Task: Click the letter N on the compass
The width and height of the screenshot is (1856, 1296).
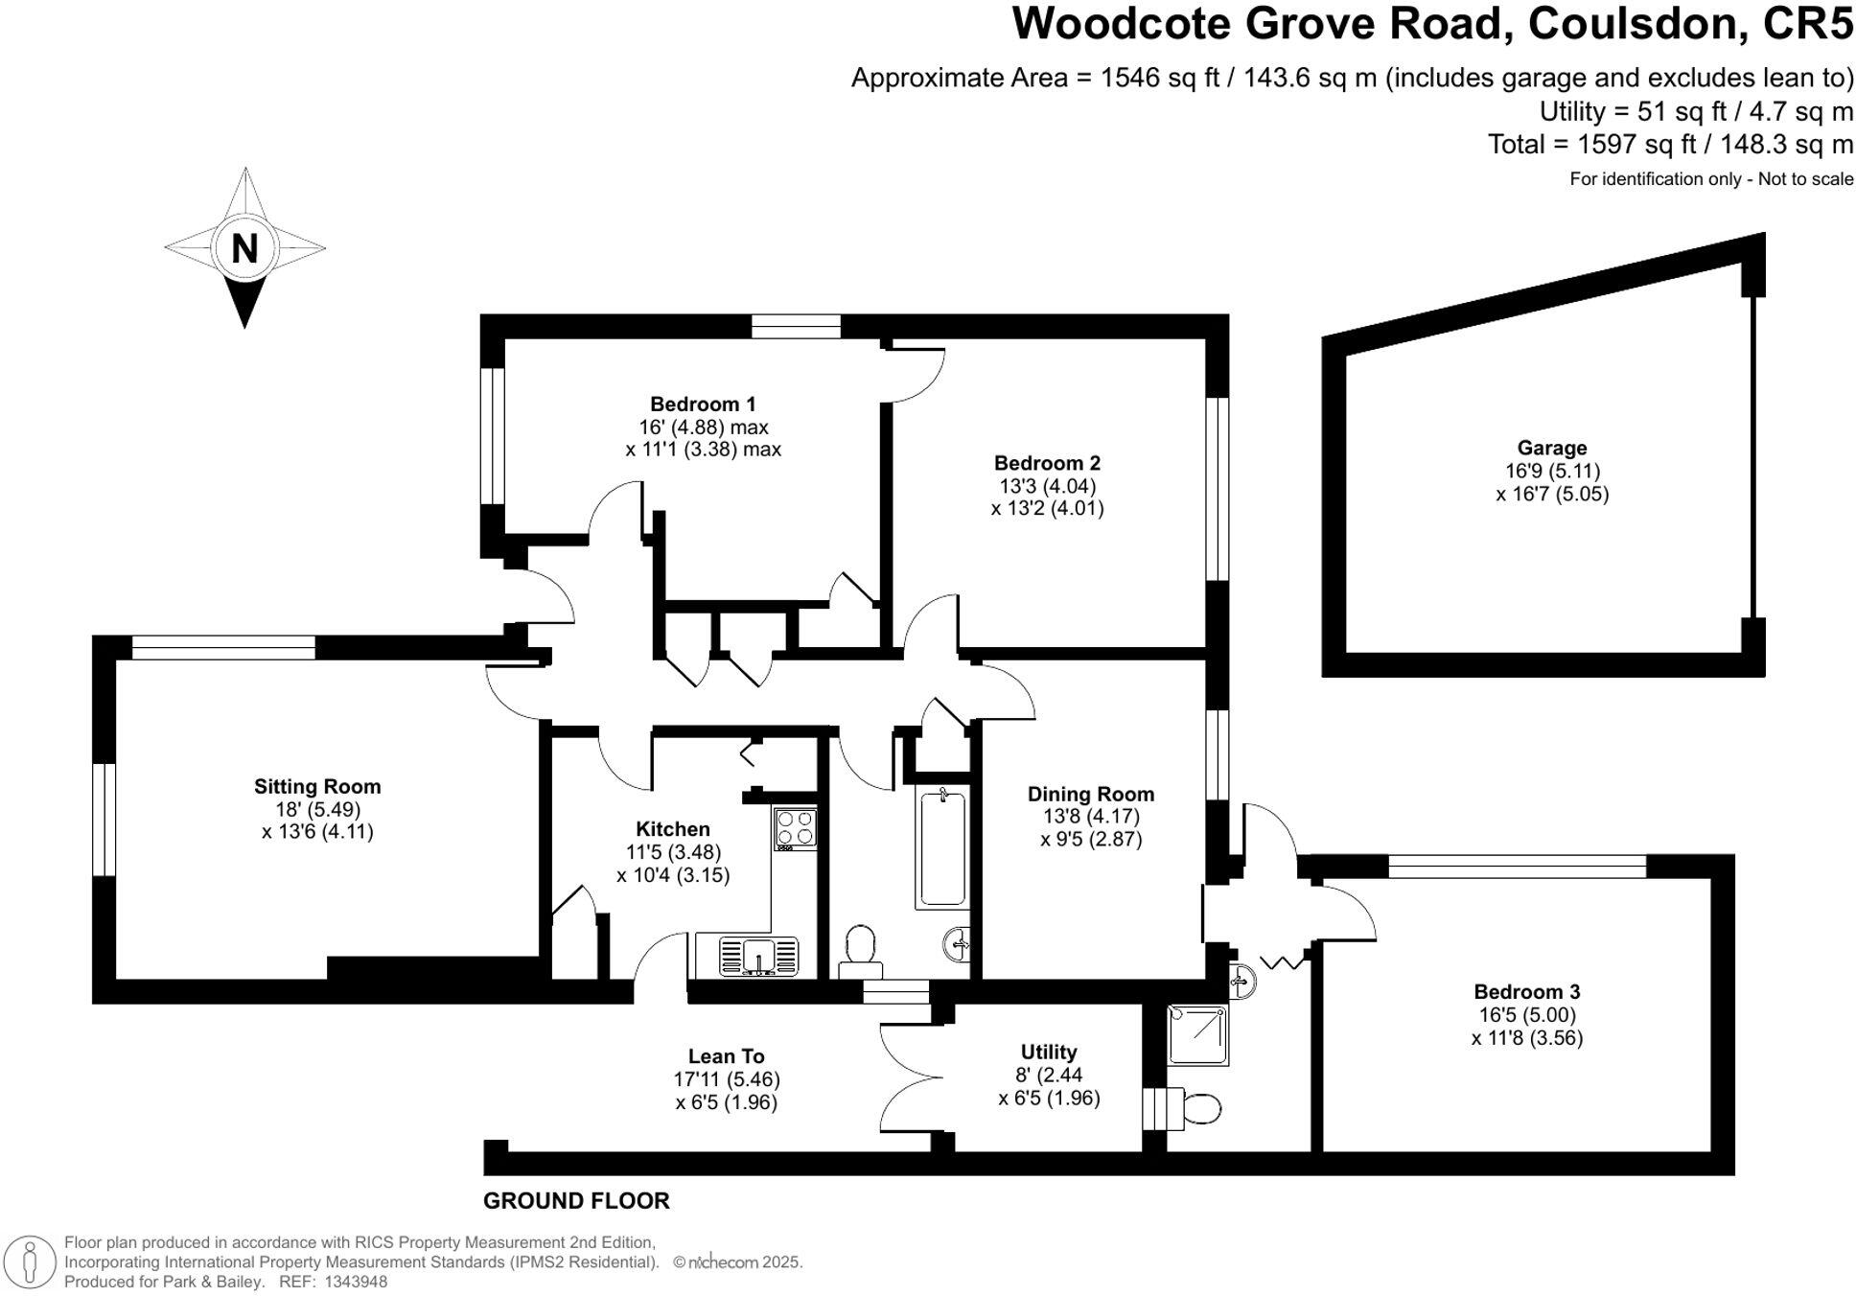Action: point(244,249)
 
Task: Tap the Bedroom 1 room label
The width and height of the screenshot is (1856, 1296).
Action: point(702,404)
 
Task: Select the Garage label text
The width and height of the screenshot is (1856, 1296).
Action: point(1551,448)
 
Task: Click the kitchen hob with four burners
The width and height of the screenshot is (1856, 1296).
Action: point(796,828)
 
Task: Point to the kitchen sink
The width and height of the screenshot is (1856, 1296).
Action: point(758,956)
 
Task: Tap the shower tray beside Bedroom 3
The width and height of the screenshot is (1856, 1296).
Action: point(1197,1034)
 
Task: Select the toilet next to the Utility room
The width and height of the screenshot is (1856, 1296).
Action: point(1198,1109)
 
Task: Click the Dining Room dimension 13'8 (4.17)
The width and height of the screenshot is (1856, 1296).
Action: point(1091,817)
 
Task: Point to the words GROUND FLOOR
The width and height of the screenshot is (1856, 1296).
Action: point(575,1200)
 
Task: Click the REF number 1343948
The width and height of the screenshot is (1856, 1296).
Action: point(356,1282)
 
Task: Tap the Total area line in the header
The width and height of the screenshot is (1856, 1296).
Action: point(1669,145)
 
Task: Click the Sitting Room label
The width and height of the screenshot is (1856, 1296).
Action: point(317,786)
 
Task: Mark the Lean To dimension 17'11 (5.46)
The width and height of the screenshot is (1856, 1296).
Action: point(726,1079)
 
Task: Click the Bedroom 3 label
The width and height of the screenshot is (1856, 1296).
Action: point(1526,991)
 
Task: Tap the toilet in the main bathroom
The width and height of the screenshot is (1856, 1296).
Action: point(860,947)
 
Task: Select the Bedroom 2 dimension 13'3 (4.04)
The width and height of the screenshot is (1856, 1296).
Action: point(1046,485)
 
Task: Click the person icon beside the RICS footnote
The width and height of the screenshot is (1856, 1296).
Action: point(31,1261)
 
